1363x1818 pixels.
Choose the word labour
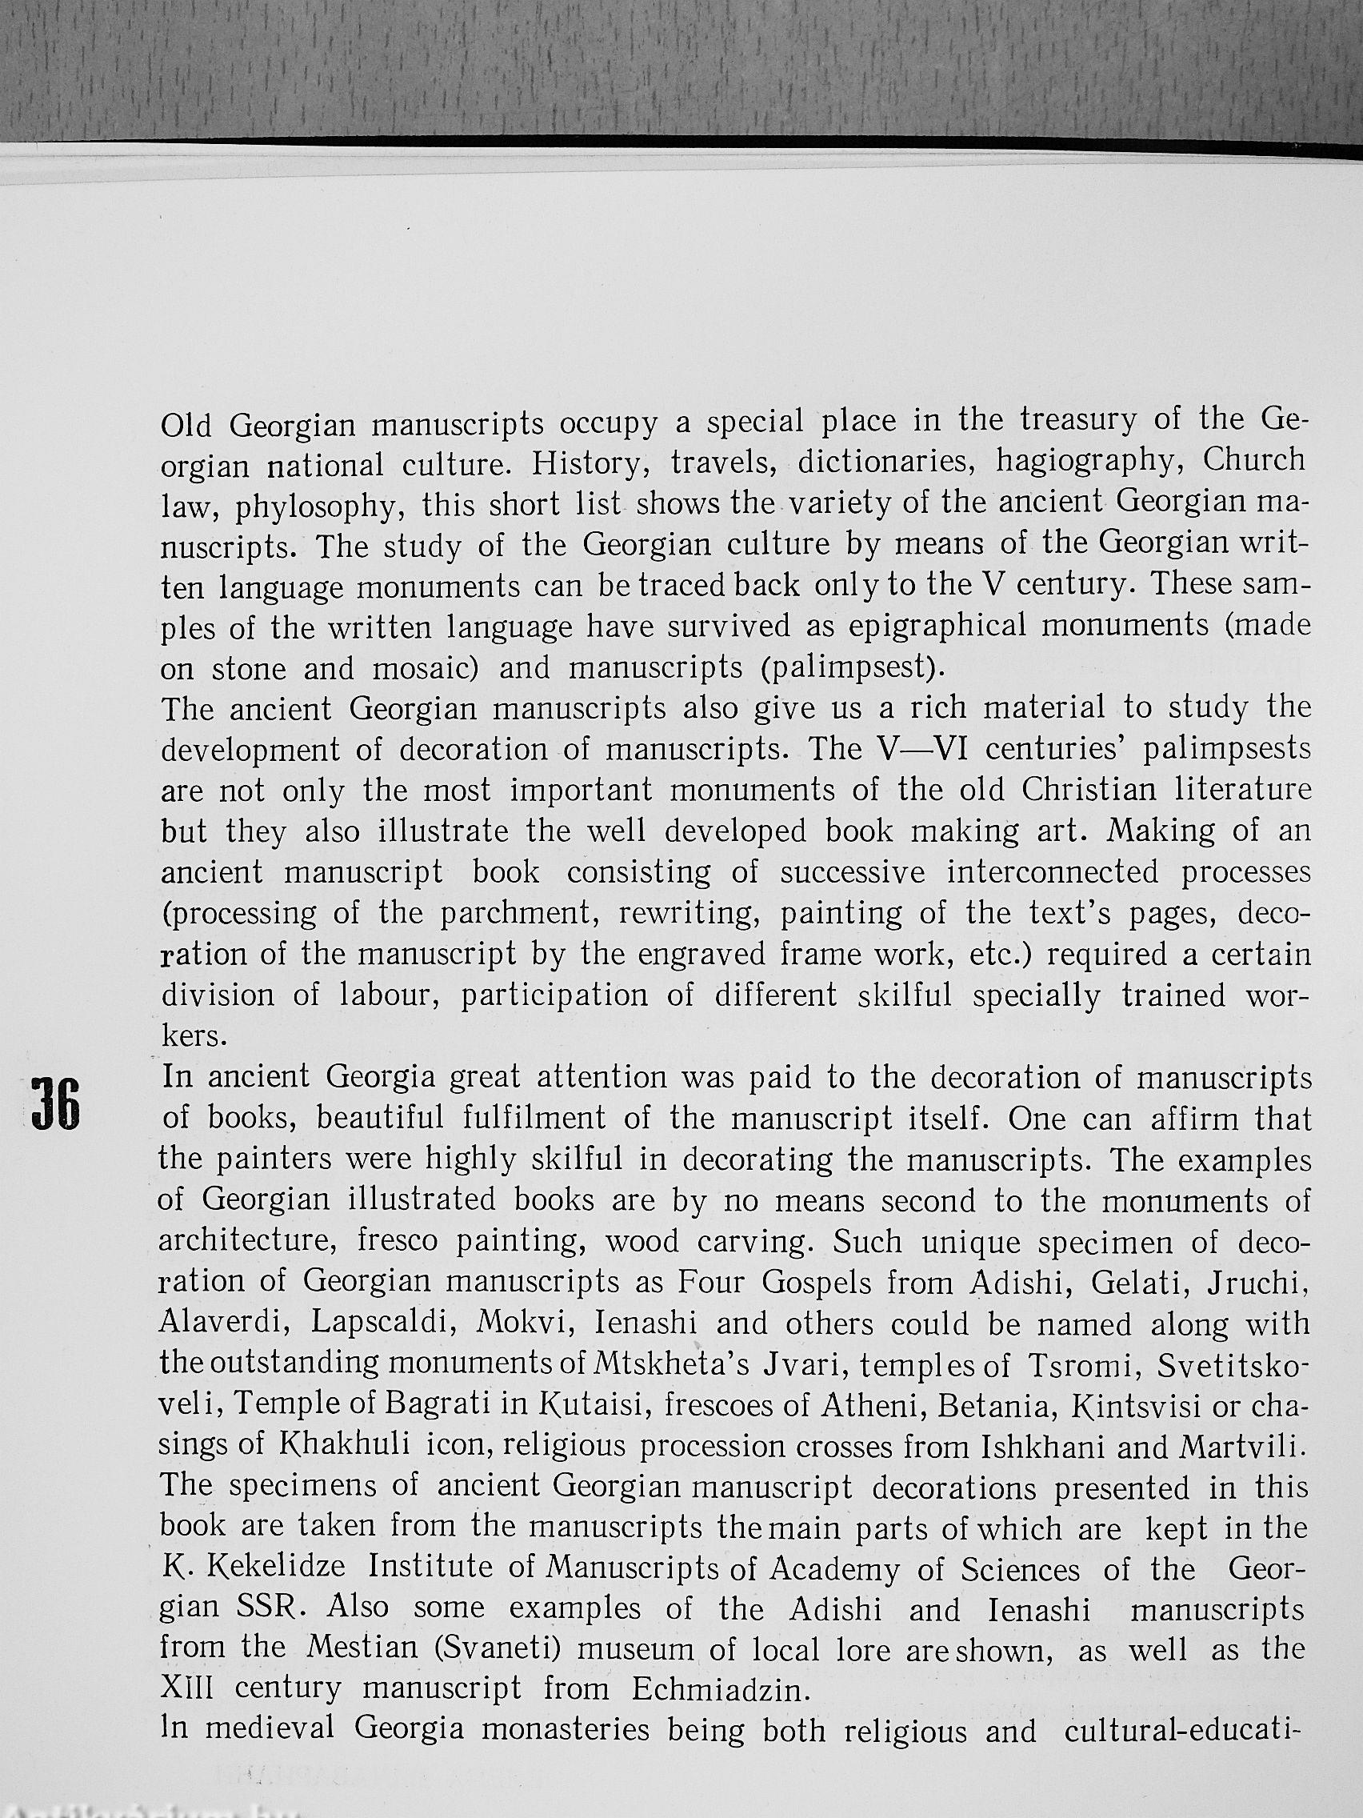tap(387, 996)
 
